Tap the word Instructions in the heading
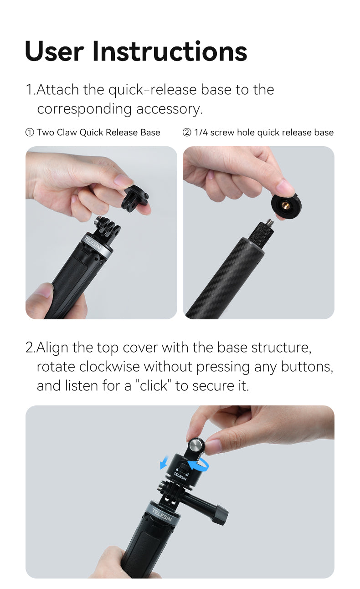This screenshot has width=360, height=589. [170, 51]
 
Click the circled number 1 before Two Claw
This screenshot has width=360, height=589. [30, 133]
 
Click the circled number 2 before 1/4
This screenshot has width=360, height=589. [187, 133]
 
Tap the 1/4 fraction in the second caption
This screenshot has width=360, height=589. [201, 133]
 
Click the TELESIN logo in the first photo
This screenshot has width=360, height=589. [93, 241]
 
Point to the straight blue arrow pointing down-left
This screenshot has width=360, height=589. [164, 464]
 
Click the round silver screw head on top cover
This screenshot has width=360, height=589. [196, 445]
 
